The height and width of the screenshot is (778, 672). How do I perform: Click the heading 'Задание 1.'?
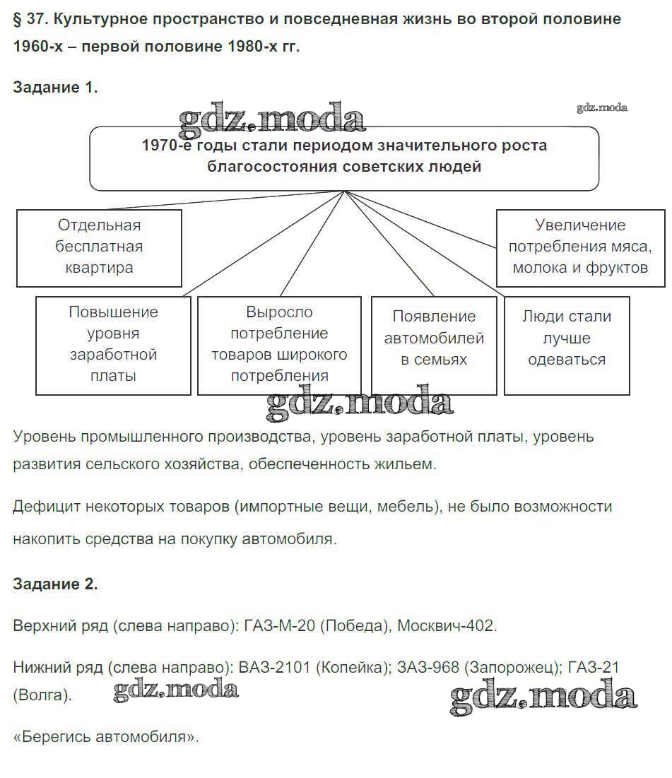pos(55,88)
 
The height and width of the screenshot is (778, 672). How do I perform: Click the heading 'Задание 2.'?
pos(55,584)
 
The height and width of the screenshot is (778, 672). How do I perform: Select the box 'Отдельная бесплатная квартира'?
pos(99,247)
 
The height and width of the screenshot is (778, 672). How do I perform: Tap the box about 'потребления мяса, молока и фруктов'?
pos(580,247)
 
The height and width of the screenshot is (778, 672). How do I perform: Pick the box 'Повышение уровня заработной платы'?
pos(113,344)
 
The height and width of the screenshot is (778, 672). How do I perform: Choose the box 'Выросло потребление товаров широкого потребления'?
pos(279,344)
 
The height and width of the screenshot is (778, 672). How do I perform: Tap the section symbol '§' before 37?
pos(18,19)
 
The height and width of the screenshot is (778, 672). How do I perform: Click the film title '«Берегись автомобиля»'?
pos(106,737)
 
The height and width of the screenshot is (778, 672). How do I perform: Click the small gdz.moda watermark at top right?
pos(602,107)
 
